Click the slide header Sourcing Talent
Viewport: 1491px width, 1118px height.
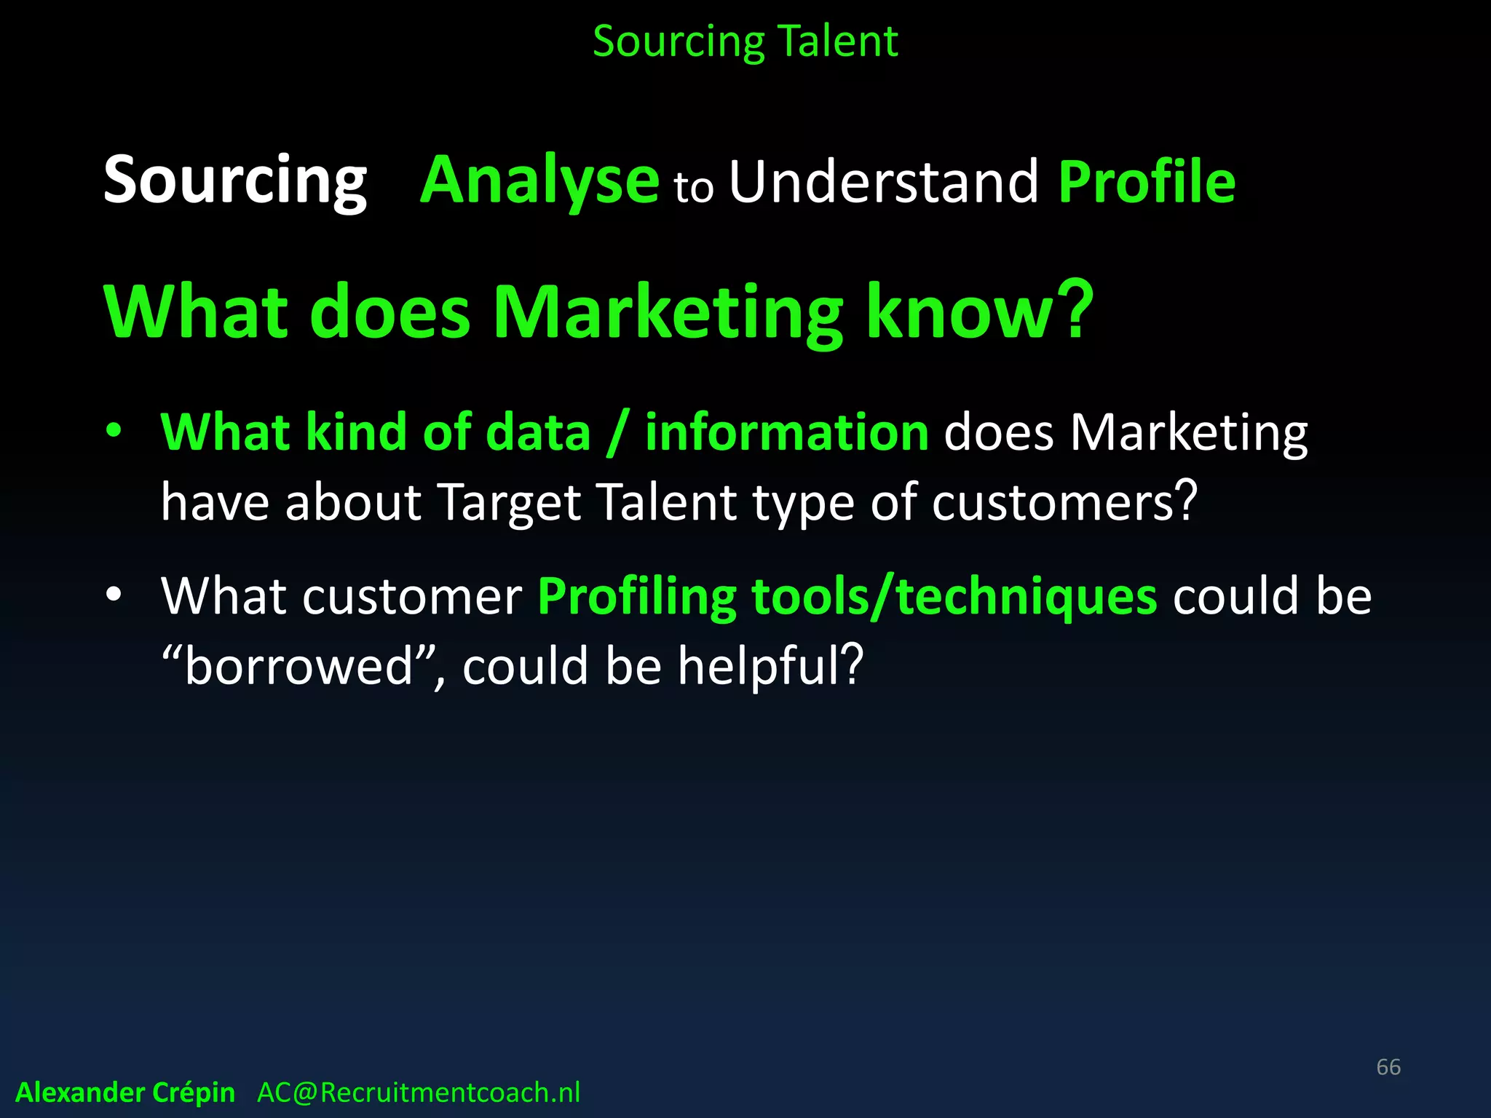pyautogui.click(x=745, y=41)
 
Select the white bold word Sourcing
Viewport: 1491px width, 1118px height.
pyautogui.click(x=235, y=181)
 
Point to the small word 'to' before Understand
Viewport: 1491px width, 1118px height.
pyautogui.click(x=693, y=187)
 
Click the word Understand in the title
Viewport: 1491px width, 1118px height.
pyautogui.click(x=884, y=181)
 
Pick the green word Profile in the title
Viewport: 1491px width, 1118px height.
pyautogui.click(x=1147, y=181)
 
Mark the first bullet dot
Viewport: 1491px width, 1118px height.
pyautogui.click(x=114, y=430)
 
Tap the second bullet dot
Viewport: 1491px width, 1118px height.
pyautogui.click(x=114, y=594)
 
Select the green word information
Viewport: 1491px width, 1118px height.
pyautogui.click(x=786, y=432)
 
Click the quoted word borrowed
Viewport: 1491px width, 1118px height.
pyautogui.click(x=298, y=665)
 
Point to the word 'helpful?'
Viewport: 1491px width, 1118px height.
pyautogui.click(x=770, y=665)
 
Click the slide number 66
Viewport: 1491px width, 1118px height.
pyautogui.click(x=1388, y=1067)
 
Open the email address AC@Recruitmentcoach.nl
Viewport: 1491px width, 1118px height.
pyautogui.click(x=419, y=1093)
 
